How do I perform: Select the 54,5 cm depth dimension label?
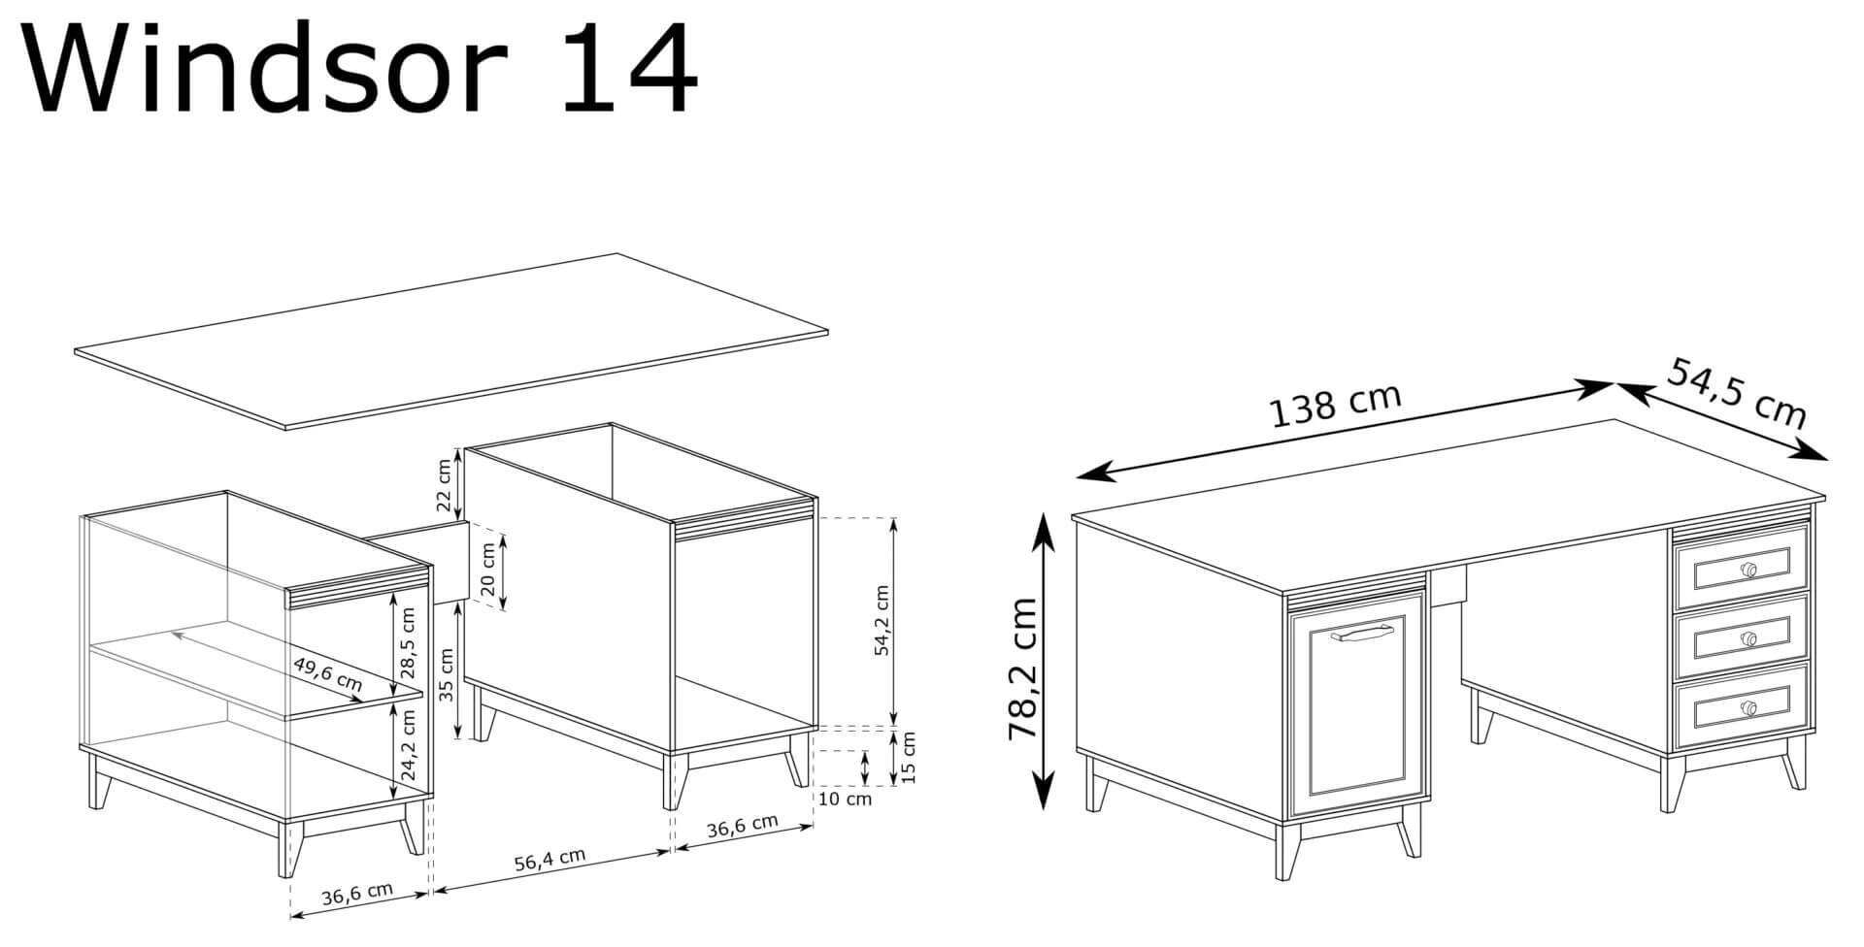(x=1737, y=394)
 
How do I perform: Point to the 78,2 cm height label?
(x=1022, y=669)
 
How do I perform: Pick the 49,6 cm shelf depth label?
(x=327, y=673)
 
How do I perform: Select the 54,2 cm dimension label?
(x=882, y=621)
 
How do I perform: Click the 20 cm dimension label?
(x=488, y=571)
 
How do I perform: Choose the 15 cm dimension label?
(x=909, y=757)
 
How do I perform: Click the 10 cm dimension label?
(x=845, y=800)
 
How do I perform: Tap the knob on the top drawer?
(x=1749, y=570)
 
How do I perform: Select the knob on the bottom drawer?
(x=1749, y=708)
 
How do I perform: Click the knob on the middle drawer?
(x=1749, y=639)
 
